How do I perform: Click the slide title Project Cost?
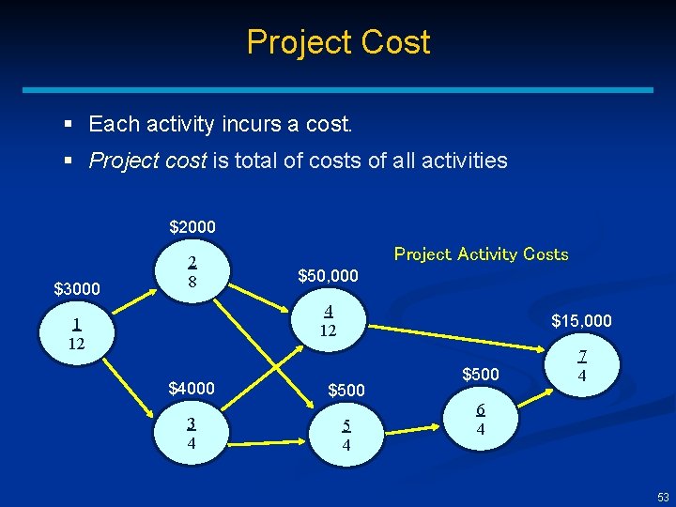[338, 42]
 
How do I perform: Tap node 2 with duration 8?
[192, 270]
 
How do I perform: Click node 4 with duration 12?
[328, 321]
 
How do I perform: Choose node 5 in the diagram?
[346, 435]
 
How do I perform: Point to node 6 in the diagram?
[480, 419]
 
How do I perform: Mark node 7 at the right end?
[581, 366]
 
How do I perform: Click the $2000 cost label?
[192, 226]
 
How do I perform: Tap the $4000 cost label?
[192, 388]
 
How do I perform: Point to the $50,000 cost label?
[328, 276]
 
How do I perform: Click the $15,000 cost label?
[581, 321]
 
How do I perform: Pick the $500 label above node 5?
[346, 390]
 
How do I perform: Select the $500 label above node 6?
[480, 375]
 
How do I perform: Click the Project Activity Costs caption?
[481, 254]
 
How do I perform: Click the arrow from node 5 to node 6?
[413, 430]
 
